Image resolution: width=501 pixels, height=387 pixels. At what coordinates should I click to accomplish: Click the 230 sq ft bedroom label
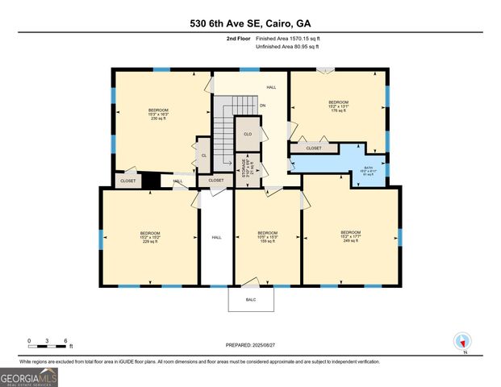159,114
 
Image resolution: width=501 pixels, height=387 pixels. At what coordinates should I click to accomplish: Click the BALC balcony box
250,298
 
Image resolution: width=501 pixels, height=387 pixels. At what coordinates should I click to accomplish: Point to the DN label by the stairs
262,106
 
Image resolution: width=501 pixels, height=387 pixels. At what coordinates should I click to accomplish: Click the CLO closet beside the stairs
248,134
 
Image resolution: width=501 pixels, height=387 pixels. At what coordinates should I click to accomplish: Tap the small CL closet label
204,155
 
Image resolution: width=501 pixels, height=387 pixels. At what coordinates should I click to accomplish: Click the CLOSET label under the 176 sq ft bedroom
314,148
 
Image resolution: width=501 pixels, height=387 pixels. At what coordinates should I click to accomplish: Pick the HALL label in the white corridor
216,237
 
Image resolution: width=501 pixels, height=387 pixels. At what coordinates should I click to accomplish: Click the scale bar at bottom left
48,345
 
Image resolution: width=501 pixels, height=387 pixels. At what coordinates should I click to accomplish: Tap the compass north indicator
462,342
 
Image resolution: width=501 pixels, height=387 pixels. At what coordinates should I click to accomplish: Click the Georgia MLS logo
29,377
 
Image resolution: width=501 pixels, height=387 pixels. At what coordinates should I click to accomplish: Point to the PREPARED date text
250,344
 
